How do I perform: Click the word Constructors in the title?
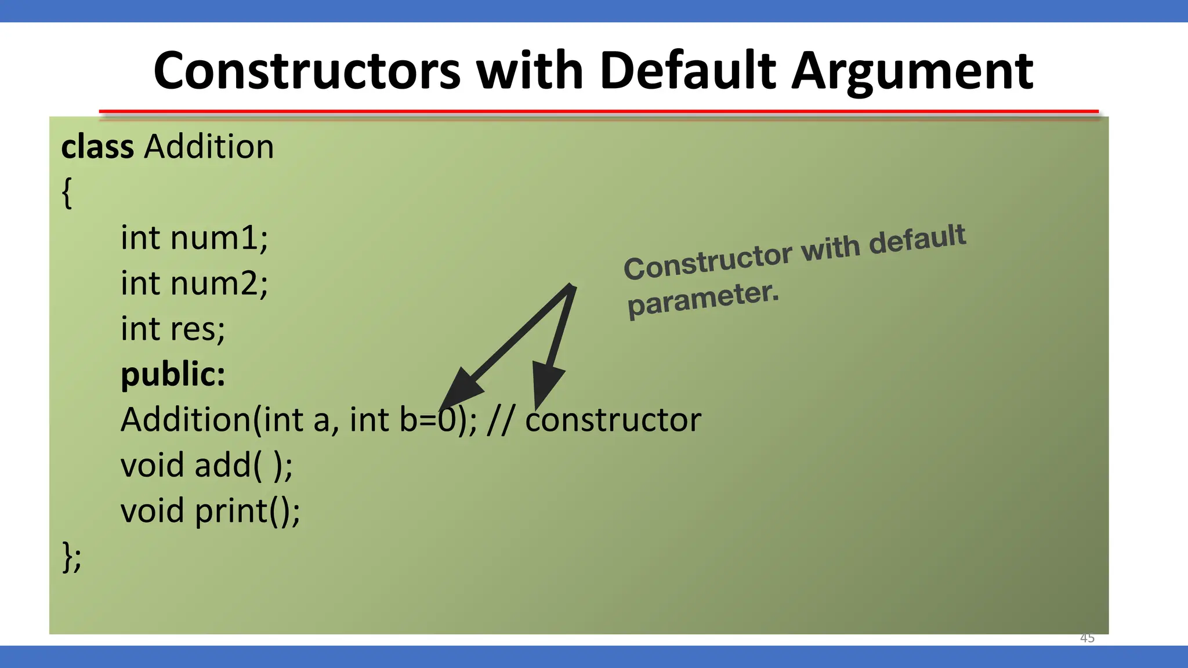point(306,71)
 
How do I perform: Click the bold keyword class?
point(97,147)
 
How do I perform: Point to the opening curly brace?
point(67,193)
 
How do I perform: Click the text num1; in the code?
point(219,238)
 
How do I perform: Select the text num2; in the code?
point(219,284)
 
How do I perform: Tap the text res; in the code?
point(197,329)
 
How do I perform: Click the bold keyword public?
point(173,374)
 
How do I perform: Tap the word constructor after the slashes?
point(613,420)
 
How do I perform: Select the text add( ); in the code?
point(244,465)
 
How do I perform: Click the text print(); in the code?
point(248,511)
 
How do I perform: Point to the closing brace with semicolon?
point(71,557)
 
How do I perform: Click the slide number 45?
point(1087,638)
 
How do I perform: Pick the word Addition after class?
point(209,147)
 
